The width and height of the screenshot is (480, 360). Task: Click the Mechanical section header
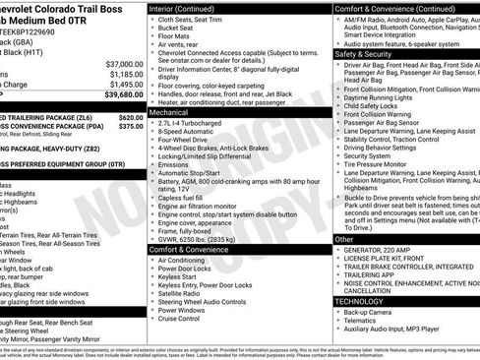coord(171,113)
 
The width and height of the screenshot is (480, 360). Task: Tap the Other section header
coord(344,239)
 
